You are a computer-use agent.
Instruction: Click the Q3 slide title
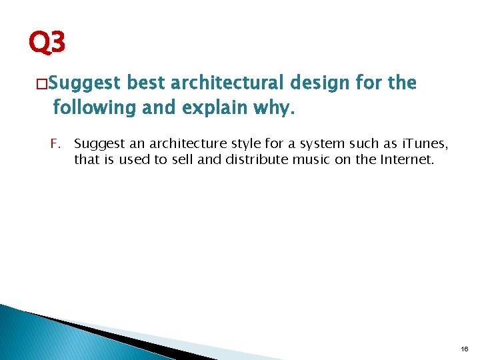tap(47, 44)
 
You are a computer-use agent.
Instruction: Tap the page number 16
tap(465, 349)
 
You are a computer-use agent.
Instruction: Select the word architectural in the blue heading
tap(228, 83)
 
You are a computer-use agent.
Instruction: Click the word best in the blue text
tap(145, 83)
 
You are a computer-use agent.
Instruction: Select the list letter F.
tap(55, 143)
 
